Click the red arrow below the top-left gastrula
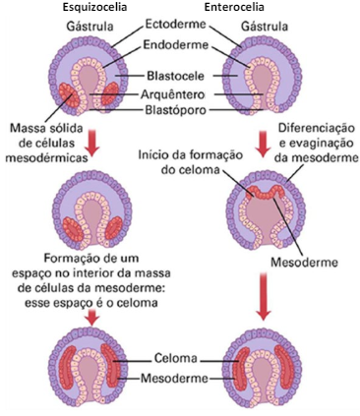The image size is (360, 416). coord(90,143)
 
